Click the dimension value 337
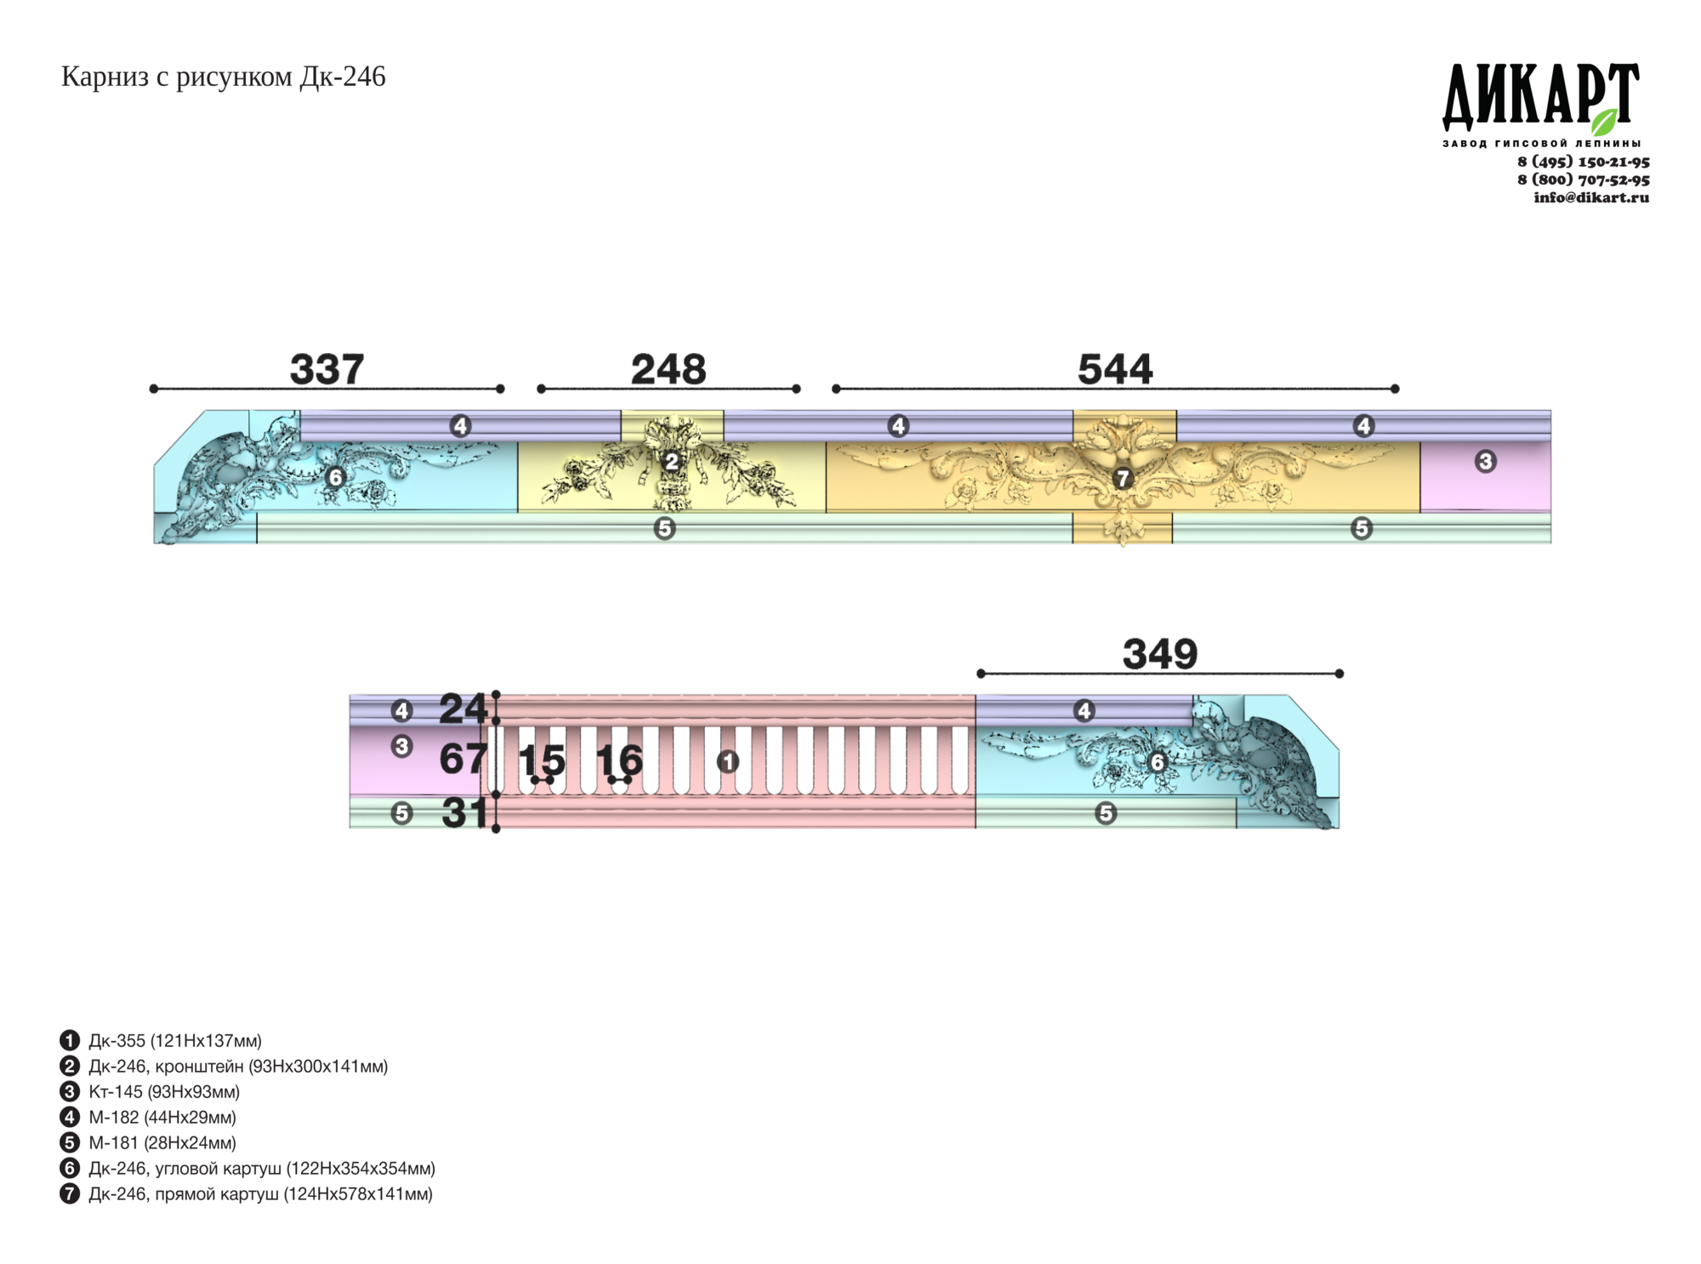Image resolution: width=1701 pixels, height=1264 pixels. [x=327, y=369]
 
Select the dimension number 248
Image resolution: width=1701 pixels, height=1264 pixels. [x=668, y=369]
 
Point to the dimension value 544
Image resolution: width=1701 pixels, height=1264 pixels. [x=1115, y=369]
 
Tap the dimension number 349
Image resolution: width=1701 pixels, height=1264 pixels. [x=1160, y=654]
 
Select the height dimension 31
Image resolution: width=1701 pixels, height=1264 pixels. [x=464, y=813]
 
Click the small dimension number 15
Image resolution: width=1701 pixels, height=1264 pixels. [x=542, y=760]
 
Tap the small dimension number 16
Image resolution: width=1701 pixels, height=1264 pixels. [x=619, y=760]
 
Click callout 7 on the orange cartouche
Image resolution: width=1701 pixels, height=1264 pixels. [x=1123, y=478]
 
